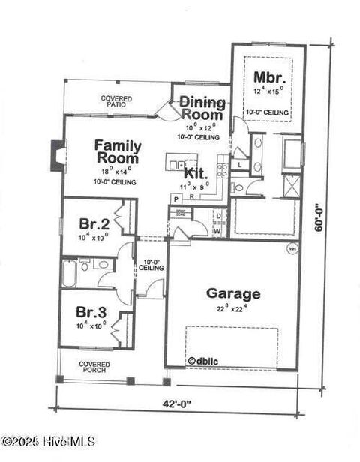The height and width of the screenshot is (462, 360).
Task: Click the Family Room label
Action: pyautogui.click(x=117, y=151)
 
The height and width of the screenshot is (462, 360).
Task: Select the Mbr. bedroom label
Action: pyautogui.click(x=268, y=77)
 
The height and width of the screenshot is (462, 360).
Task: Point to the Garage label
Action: pyautogui.click(x=233, y=294)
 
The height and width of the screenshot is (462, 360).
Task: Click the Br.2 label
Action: pyautogui.click(x=94, y=223)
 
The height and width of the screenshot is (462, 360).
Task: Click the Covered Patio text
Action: pyautogui.click(x=116, y=101)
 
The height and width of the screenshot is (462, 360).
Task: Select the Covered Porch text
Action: pyautogui.click(x=94, y=367)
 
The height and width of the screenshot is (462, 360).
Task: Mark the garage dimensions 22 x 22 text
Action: pyautogui.click(x=233, y=307)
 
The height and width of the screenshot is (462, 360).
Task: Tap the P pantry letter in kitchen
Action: pyautogui.click(x=176, y=199)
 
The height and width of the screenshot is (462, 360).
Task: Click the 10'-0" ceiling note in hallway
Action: pyautogui.click(x=150, y=265)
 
